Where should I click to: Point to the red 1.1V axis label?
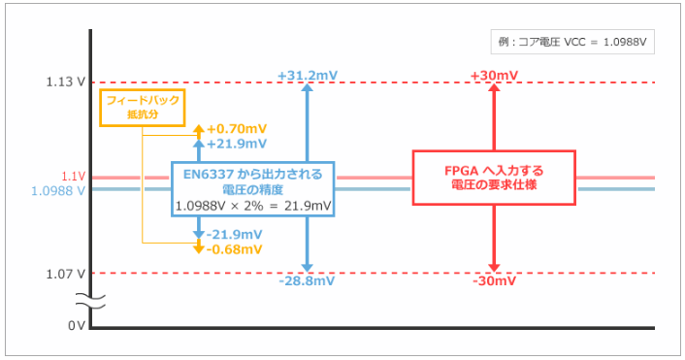(74, 177)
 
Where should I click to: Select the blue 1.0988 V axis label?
(59, 190)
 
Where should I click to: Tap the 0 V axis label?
(77, 325)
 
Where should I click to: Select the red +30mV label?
(494, 75)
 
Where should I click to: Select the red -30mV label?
(494, 281)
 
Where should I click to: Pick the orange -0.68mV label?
(235, 249)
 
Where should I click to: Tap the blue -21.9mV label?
(235, 235)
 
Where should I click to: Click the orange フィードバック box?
(142, 107)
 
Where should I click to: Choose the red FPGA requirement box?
(494, 177)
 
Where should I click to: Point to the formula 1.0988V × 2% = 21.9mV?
(252, 206)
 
